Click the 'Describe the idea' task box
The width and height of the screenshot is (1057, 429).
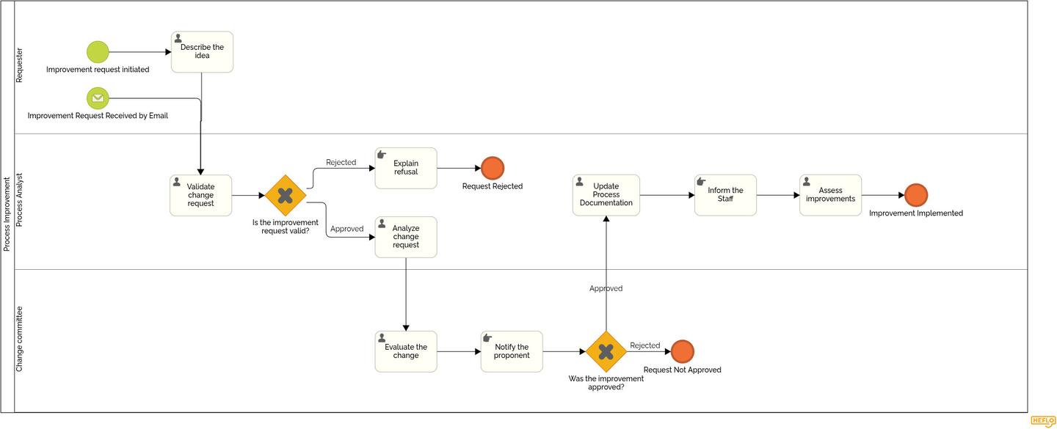202,52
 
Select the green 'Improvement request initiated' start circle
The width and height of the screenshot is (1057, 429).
98,52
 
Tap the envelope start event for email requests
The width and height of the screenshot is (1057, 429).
98,98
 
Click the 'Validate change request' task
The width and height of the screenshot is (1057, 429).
200,195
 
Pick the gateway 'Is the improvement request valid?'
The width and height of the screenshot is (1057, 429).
286,195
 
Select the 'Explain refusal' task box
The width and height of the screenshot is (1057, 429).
406,168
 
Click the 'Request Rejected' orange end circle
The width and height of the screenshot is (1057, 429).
493,168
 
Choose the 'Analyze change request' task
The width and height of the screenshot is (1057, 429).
406,237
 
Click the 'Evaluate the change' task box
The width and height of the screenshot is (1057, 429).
406,351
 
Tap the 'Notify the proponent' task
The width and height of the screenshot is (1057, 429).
512,351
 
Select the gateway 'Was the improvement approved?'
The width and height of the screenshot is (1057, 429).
606,351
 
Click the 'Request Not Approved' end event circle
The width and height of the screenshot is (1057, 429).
682,351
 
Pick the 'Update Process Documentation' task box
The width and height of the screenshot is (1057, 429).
606,195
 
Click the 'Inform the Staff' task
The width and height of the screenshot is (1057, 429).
725,195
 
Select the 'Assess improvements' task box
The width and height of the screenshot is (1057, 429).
830,195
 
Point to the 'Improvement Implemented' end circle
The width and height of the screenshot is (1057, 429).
916,195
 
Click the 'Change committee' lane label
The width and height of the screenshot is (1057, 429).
20,339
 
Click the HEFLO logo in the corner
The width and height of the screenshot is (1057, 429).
1042,421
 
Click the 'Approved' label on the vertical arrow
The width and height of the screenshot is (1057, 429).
606,289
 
